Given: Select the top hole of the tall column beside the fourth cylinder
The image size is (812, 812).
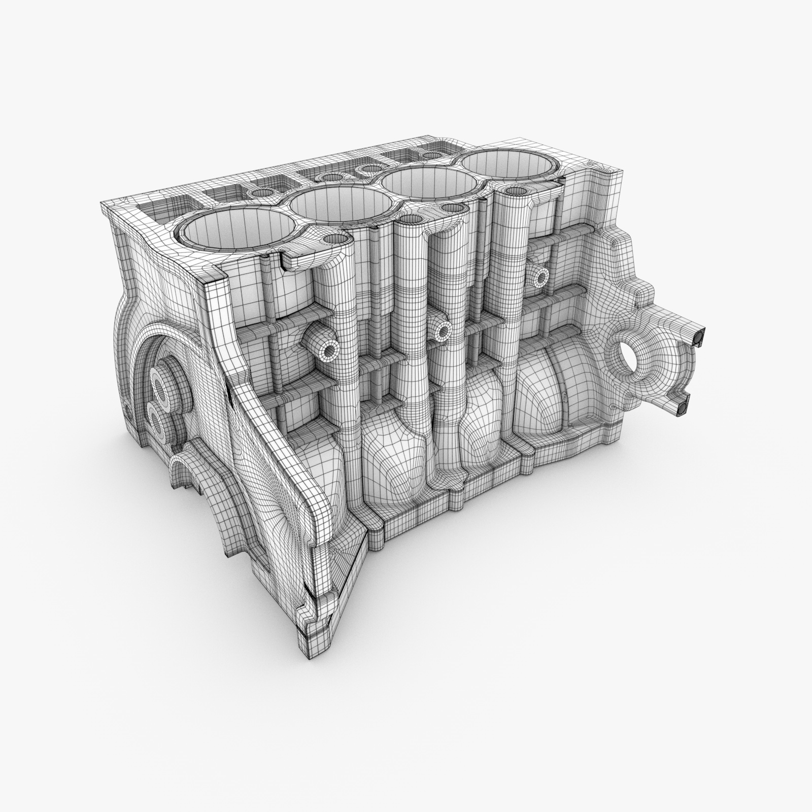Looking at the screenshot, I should coord(515,191).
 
